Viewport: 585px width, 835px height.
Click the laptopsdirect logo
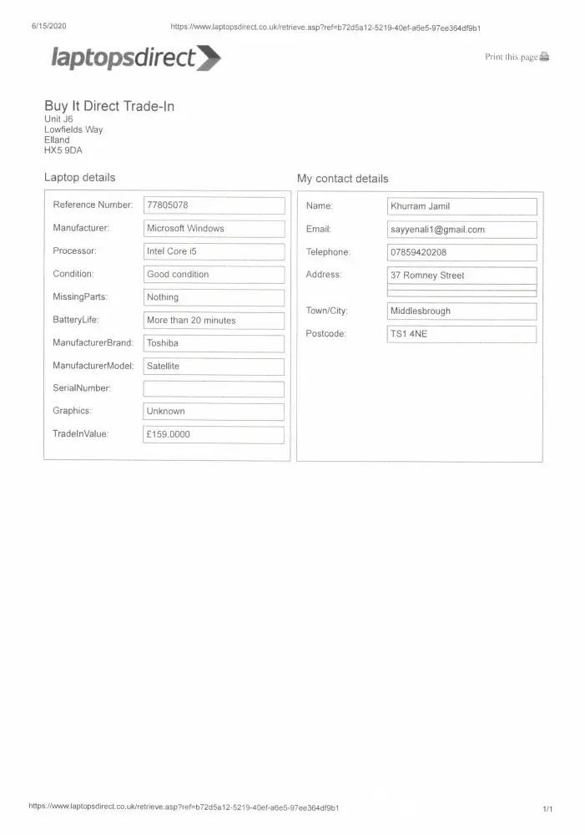point(136,58)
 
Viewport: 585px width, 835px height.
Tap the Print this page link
point(517,57)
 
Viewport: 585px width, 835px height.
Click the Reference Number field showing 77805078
point(214,205)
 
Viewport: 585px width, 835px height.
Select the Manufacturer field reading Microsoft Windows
point(214,229)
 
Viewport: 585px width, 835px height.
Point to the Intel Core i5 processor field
point(214,251)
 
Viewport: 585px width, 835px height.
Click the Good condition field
point(214,275)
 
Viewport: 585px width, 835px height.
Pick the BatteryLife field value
point(214,321)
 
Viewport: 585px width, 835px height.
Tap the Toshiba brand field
point(214,343)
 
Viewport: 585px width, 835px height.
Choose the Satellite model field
point(214,367)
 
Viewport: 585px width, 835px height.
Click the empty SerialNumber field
point(214,389)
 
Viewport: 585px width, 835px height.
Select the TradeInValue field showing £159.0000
point(214,435)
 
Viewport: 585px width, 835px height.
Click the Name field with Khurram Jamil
point(461,206)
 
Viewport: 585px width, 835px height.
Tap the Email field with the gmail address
point(461,230)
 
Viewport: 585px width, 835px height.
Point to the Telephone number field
point(461,252)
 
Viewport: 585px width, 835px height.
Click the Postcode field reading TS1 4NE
point(461,334)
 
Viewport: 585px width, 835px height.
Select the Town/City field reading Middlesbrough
point(461,311)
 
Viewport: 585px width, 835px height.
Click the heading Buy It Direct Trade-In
point(109,106)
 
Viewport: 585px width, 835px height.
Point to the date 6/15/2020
point(48,26)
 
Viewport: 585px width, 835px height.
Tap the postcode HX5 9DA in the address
point(63,150)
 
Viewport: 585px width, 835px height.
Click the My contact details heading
point(342,179)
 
